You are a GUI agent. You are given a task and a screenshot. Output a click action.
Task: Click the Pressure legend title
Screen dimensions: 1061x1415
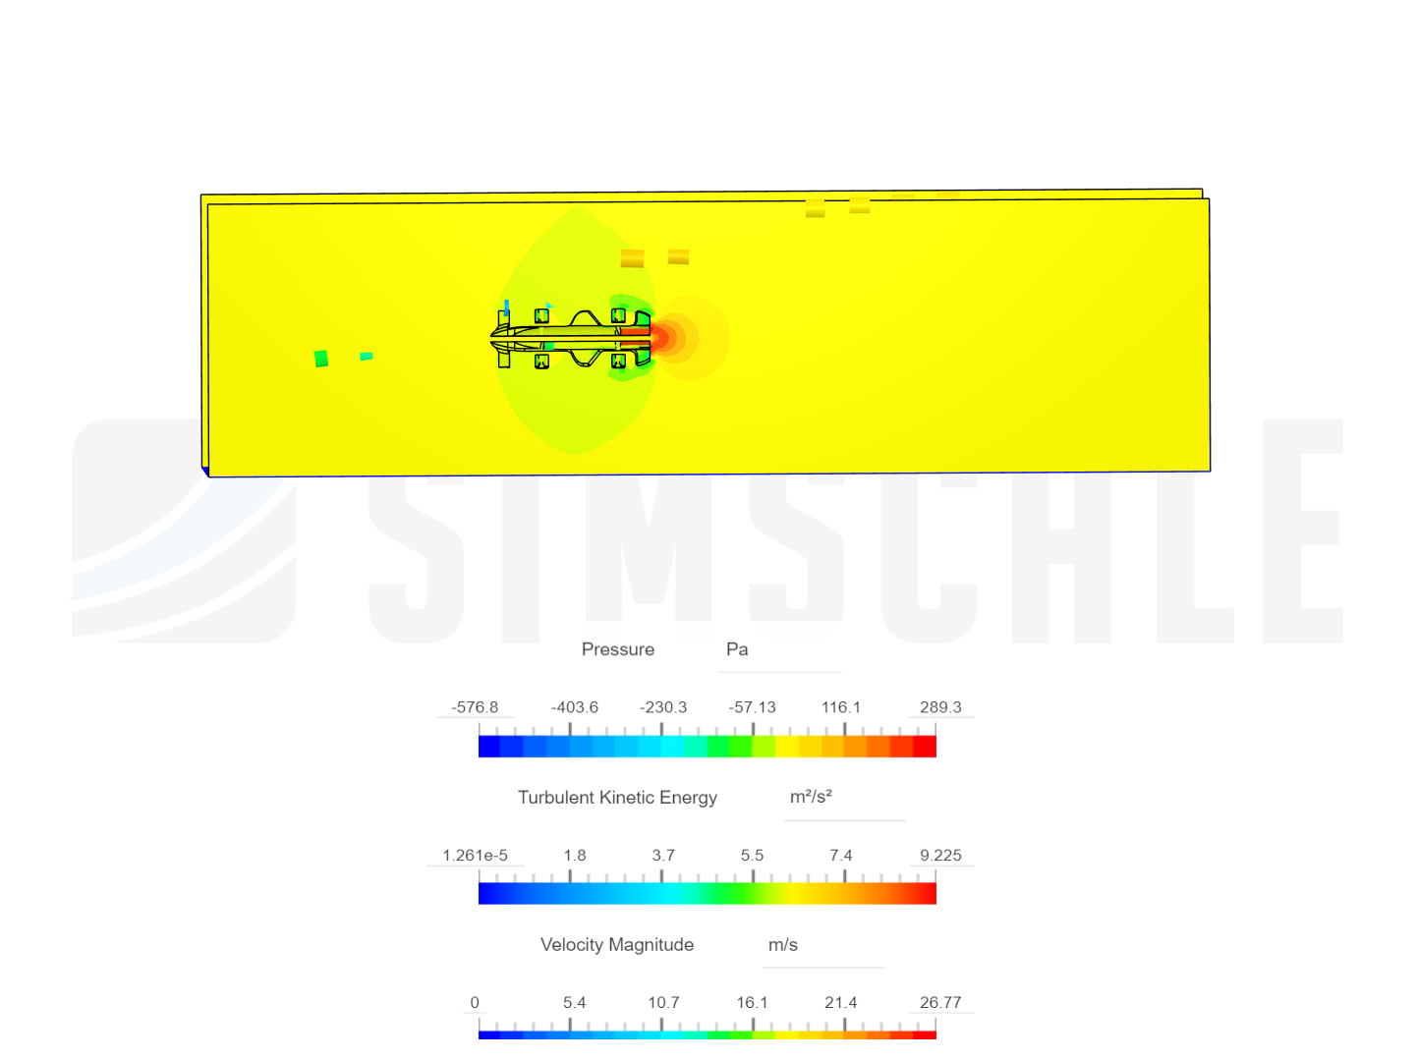[617, 649]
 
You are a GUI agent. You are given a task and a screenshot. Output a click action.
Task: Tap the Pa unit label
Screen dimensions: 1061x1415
[737, 649]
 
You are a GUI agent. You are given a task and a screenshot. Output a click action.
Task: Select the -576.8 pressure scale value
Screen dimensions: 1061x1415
[475, 707]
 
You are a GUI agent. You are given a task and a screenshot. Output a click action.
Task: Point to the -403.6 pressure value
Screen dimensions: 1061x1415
[574, 707]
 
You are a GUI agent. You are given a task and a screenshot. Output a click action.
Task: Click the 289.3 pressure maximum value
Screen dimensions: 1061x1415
[940, 707]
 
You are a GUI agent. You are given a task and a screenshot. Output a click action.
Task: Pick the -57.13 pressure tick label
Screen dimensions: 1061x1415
[752, 707]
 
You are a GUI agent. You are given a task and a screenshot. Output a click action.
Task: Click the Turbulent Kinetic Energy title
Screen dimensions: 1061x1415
[617, 798]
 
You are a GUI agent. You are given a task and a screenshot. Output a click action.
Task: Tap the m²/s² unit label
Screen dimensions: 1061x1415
[811, 797]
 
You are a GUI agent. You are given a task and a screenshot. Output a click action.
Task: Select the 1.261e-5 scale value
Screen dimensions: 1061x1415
[475, 856]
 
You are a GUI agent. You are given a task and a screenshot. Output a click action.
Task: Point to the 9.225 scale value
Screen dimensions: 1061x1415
[940, 856]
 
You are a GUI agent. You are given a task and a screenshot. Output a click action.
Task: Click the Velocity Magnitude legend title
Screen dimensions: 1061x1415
[617, 945]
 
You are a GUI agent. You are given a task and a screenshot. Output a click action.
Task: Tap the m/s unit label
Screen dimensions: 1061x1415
[783, 945]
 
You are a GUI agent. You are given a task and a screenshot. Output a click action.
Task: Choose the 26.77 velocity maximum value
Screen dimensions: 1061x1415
[940, 1003]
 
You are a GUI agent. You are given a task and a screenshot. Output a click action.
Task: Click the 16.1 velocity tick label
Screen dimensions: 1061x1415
[752, 1003]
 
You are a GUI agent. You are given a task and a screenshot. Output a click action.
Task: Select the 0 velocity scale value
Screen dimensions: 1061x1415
[475, 1003]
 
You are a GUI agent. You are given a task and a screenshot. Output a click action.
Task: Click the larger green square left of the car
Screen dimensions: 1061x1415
[321, 359]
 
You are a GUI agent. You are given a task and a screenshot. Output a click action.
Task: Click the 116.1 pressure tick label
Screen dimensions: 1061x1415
[841, 707]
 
